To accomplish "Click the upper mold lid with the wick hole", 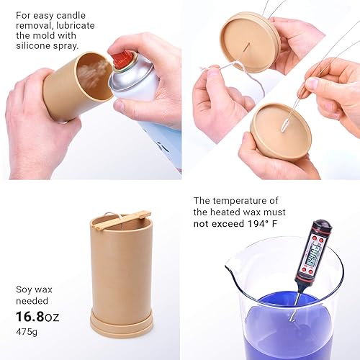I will coord(249,40).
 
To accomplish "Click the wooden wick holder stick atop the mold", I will coord(122,220).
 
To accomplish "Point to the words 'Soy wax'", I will coord(34,289).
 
